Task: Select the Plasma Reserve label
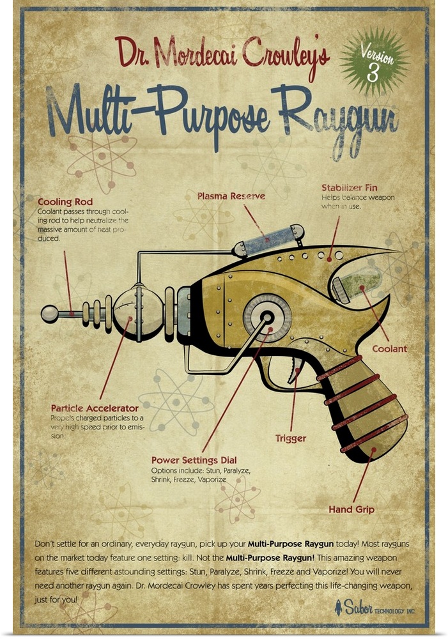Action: click(x=231, y=196)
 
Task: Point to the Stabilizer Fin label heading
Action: click(x=349, y=188)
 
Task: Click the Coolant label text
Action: click(x=390, y=349)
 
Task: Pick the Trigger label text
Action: click(x=291, y=438)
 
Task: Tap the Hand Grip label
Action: click(x=351, y=509)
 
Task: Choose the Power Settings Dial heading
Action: click(x=194, y=459)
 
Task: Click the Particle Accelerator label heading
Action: click(x=95, y=408)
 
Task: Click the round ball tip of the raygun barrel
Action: click(x=49, y=314)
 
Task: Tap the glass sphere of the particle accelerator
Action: click(x=138, y=315)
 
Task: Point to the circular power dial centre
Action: click(x=267, y=316)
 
